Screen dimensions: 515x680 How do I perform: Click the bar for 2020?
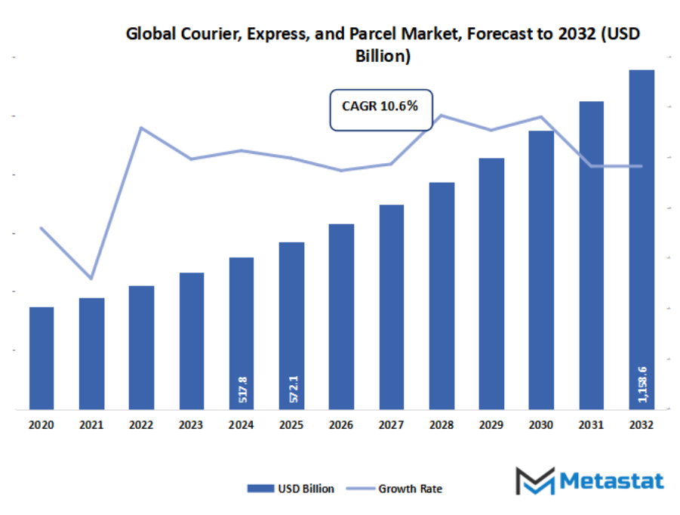click(42, 358)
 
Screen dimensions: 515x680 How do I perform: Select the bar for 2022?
click(141, 347)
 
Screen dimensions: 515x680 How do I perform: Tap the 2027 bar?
click(391, 307)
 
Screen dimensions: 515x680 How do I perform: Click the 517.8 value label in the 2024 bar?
click(242, 390)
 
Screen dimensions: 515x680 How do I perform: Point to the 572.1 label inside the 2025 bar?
click(292, 388)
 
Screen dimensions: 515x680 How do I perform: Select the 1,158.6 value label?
click(642, 381)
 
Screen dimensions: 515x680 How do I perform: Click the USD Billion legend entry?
click(291, 489)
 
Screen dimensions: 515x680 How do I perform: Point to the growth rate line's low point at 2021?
click(91, 279)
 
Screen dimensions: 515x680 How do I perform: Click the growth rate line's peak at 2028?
click(442, 116)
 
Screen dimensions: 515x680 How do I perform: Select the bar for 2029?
click(491, 283)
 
